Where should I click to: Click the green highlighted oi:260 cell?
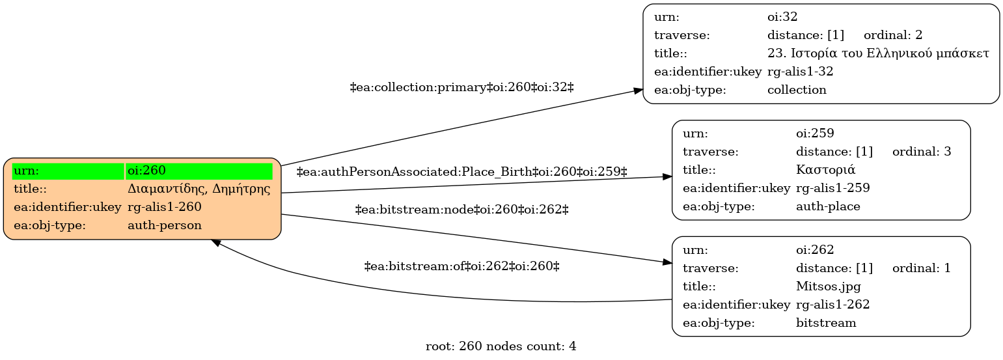199,171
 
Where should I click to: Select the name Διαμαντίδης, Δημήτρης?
199,189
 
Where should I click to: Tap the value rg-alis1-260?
164,207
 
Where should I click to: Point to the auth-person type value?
164,225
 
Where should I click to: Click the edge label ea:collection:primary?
461,87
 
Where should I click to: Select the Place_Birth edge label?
461,172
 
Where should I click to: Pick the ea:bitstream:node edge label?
461,210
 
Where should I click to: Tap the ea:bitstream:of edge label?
461,267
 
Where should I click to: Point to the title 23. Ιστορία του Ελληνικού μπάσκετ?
878,53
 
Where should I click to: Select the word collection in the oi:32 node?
797,90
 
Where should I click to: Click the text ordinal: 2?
893,35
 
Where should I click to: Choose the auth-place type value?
828,206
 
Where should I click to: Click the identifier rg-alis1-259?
833,188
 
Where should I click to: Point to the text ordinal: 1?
922,268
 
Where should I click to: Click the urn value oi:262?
815,250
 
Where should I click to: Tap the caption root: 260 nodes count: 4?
501,346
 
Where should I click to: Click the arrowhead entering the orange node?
216,242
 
